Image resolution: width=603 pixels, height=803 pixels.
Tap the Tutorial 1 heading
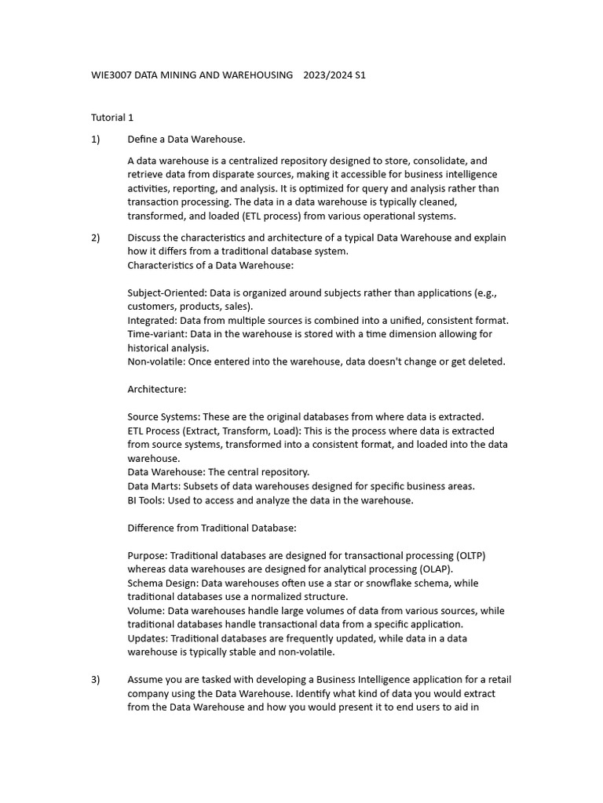112,118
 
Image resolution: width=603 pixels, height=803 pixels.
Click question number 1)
96,140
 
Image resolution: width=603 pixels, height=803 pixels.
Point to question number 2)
96,238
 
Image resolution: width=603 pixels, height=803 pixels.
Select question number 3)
96,680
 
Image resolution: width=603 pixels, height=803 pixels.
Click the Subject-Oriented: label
162,292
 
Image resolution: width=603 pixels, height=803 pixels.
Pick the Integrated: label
152,320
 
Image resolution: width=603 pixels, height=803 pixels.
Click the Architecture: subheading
157,389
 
